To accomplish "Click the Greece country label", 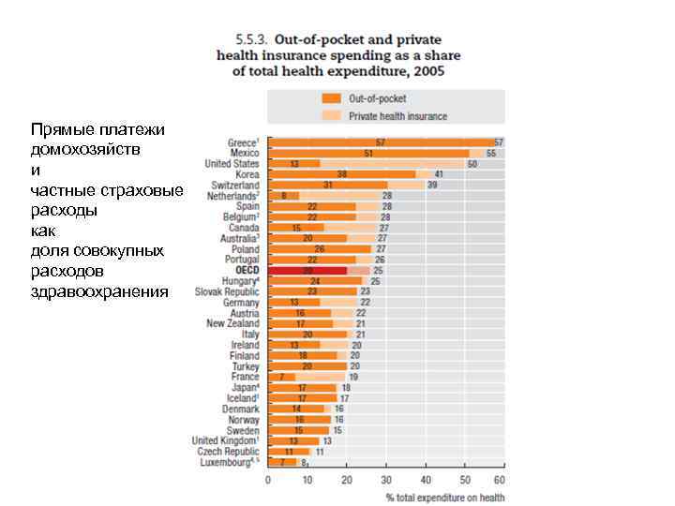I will [243, 142].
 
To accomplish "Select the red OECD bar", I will [307, 270].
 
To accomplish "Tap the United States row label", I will [232, 163].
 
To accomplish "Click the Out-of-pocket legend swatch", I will [331, 98].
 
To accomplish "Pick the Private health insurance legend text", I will [397, 116].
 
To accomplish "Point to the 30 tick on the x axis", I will [385, 479].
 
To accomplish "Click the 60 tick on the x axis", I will [503, 479].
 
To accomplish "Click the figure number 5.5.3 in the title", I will [251, 40].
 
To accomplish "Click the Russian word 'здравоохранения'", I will [99, 291].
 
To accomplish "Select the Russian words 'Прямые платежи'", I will [97, 128].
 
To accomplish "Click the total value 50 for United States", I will [472, 164].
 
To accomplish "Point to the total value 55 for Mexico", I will [490, 153].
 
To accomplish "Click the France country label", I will [246, 377].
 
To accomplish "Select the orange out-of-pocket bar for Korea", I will [342, 174].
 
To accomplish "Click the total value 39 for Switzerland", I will [432, 186].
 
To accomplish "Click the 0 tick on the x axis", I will [268, 479].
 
